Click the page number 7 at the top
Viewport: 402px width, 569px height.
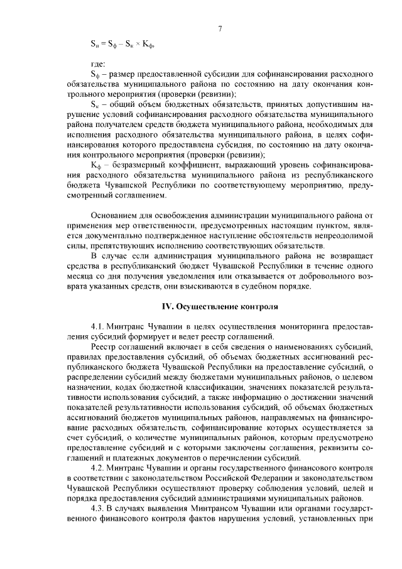(x=220, y=28)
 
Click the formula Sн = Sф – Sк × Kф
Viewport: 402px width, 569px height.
(x=123, y=45)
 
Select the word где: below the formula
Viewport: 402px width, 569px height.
(x=99, y=64)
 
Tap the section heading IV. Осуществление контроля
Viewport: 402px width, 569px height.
(x=220, y=307)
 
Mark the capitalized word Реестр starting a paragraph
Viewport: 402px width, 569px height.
(x=104, y=346)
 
